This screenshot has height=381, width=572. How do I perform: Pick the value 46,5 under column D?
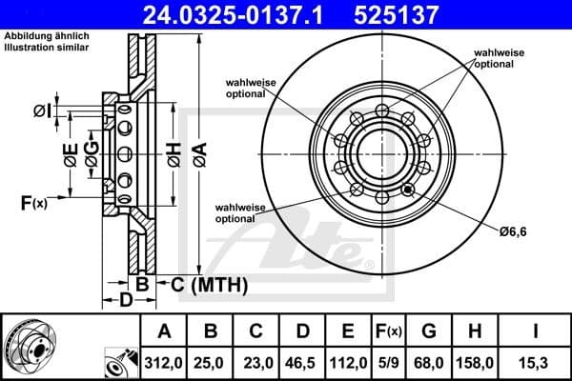[302, 363]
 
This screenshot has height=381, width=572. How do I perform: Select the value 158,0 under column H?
[478, 363]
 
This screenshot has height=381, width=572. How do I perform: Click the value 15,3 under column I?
[536, 363]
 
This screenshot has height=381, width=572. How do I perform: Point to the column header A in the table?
[165, 331]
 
